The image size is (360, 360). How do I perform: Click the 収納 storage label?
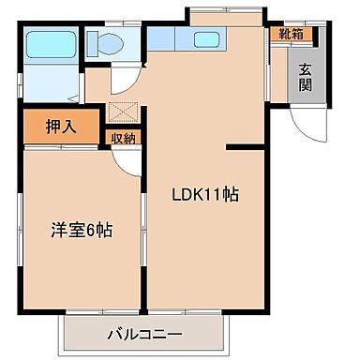tap(124, 138)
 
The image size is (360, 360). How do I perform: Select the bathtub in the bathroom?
tap(49, 43)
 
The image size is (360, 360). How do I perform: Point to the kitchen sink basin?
tap(205, 40)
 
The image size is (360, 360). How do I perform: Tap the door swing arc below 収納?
tap(126, 159)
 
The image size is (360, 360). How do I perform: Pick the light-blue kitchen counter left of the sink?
tap(170, 40)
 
